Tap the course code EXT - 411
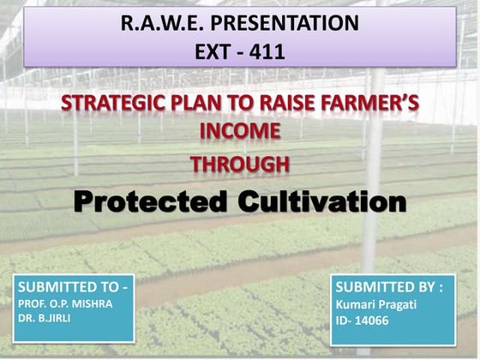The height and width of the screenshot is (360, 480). pyautogui.click(x=239, y=51)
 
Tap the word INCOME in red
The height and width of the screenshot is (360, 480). pyautogui.click(x=239, y=132)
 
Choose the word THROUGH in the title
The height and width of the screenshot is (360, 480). pyautogui.click(x=239, y=163)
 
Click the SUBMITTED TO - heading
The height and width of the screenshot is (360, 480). pyautogui.click(x=73, y=286)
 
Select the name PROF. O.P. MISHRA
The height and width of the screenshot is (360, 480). pyautogui.click(x=65, y=303)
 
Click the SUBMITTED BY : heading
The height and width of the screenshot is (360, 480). pyautogui.click(x=388, y=286)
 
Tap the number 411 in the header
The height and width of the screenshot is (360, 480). pyautogui.click(x=267, y=51)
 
